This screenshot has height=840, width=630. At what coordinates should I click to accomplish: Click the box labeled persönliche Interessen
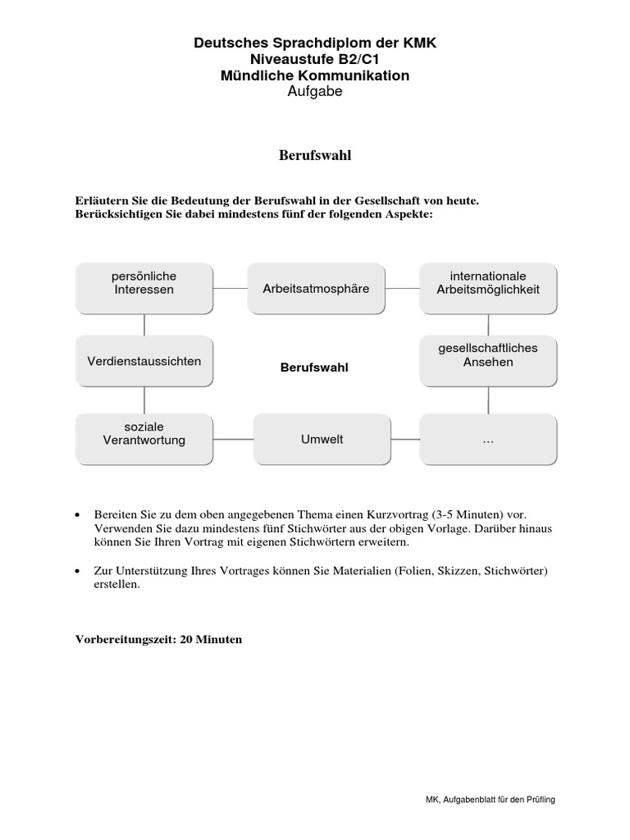[x=144, y=289]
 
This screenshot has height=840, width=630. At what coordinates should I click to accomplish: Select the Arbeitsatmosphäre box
[x=316, y=289]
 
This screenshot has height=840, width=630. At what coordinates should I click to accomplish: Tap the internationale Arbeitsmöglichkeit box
[x=488, y=289]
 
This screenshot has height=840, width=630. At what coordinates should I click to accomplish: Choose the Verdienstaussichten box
[x=144, y=361]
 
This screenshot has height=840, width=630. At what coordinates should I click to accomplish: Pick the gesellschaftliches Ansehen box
[x=488, y=361]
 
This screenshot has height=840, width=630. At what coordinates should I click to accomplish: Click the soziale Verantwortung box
[x=144, y=439]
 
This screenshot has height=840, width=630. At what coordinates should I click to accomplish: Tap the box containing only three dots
[x=488, y=439]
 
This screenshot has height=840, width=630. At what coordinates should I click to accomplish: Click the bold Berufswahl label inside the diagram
[x=314, y=367]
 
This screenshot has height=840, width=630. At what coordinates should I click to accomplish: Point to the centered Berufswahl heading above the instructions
[x=315, y=155]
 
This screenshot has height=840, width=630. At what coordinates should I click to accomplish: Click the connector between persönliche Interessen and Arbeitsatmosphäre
[x=231, y=289]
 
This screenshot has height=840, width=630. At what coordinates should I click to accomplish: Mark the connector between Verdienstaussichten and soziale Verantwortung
[x=144, y=400]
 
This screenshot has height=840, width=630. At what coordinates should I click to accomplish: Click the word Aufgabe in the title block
[x=315, y=92]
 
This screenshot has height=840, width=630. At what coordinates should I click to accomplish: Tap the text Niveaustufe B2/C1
[x=315, y=59]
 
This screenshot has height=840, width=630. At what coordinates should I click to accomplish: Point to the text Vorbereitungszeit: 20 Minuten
[x=159, y=639]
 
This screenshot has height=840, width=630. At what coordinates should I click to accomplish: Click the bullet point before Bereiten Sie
[x=77, y=514]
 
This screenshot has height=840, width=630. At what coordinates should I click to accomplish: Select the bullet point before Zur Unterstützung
[x=77, y=570]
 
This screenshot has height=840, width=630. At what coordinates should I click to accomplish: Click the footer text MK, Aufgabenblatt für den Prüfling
[x=485, y=798]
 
